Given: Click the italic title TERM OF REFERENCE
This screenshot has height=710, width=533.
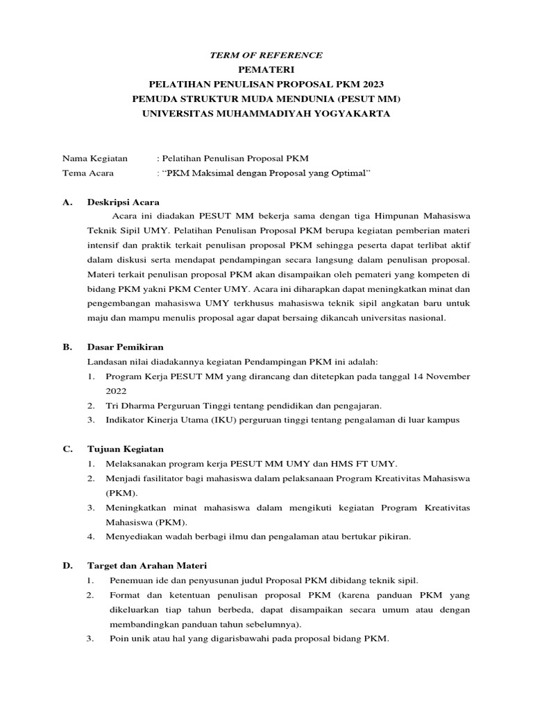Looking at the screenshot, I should [x=266, y=55].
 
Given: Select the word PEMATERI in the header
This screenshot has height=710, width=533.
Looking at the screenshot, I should [x=266, y=69].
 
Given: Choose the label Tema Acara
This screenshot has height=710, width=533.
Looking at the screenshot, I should [x=88, y=173].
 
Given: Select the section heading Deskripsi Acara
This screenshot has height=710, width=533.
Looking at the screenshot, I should [x=123, y=202].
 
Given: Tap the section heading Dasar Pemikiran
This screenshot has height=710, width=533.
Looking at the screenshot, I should [x=125, y=346].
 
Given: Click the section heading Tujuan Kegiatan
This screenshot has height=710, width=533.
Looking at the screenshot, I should [x=124, y=449].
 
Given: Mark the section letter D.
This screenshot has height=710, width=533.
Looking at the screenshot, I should [x=67, y=566].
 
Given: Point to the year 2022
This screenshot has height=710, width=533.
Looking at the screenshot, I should [x=117, y=391].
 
